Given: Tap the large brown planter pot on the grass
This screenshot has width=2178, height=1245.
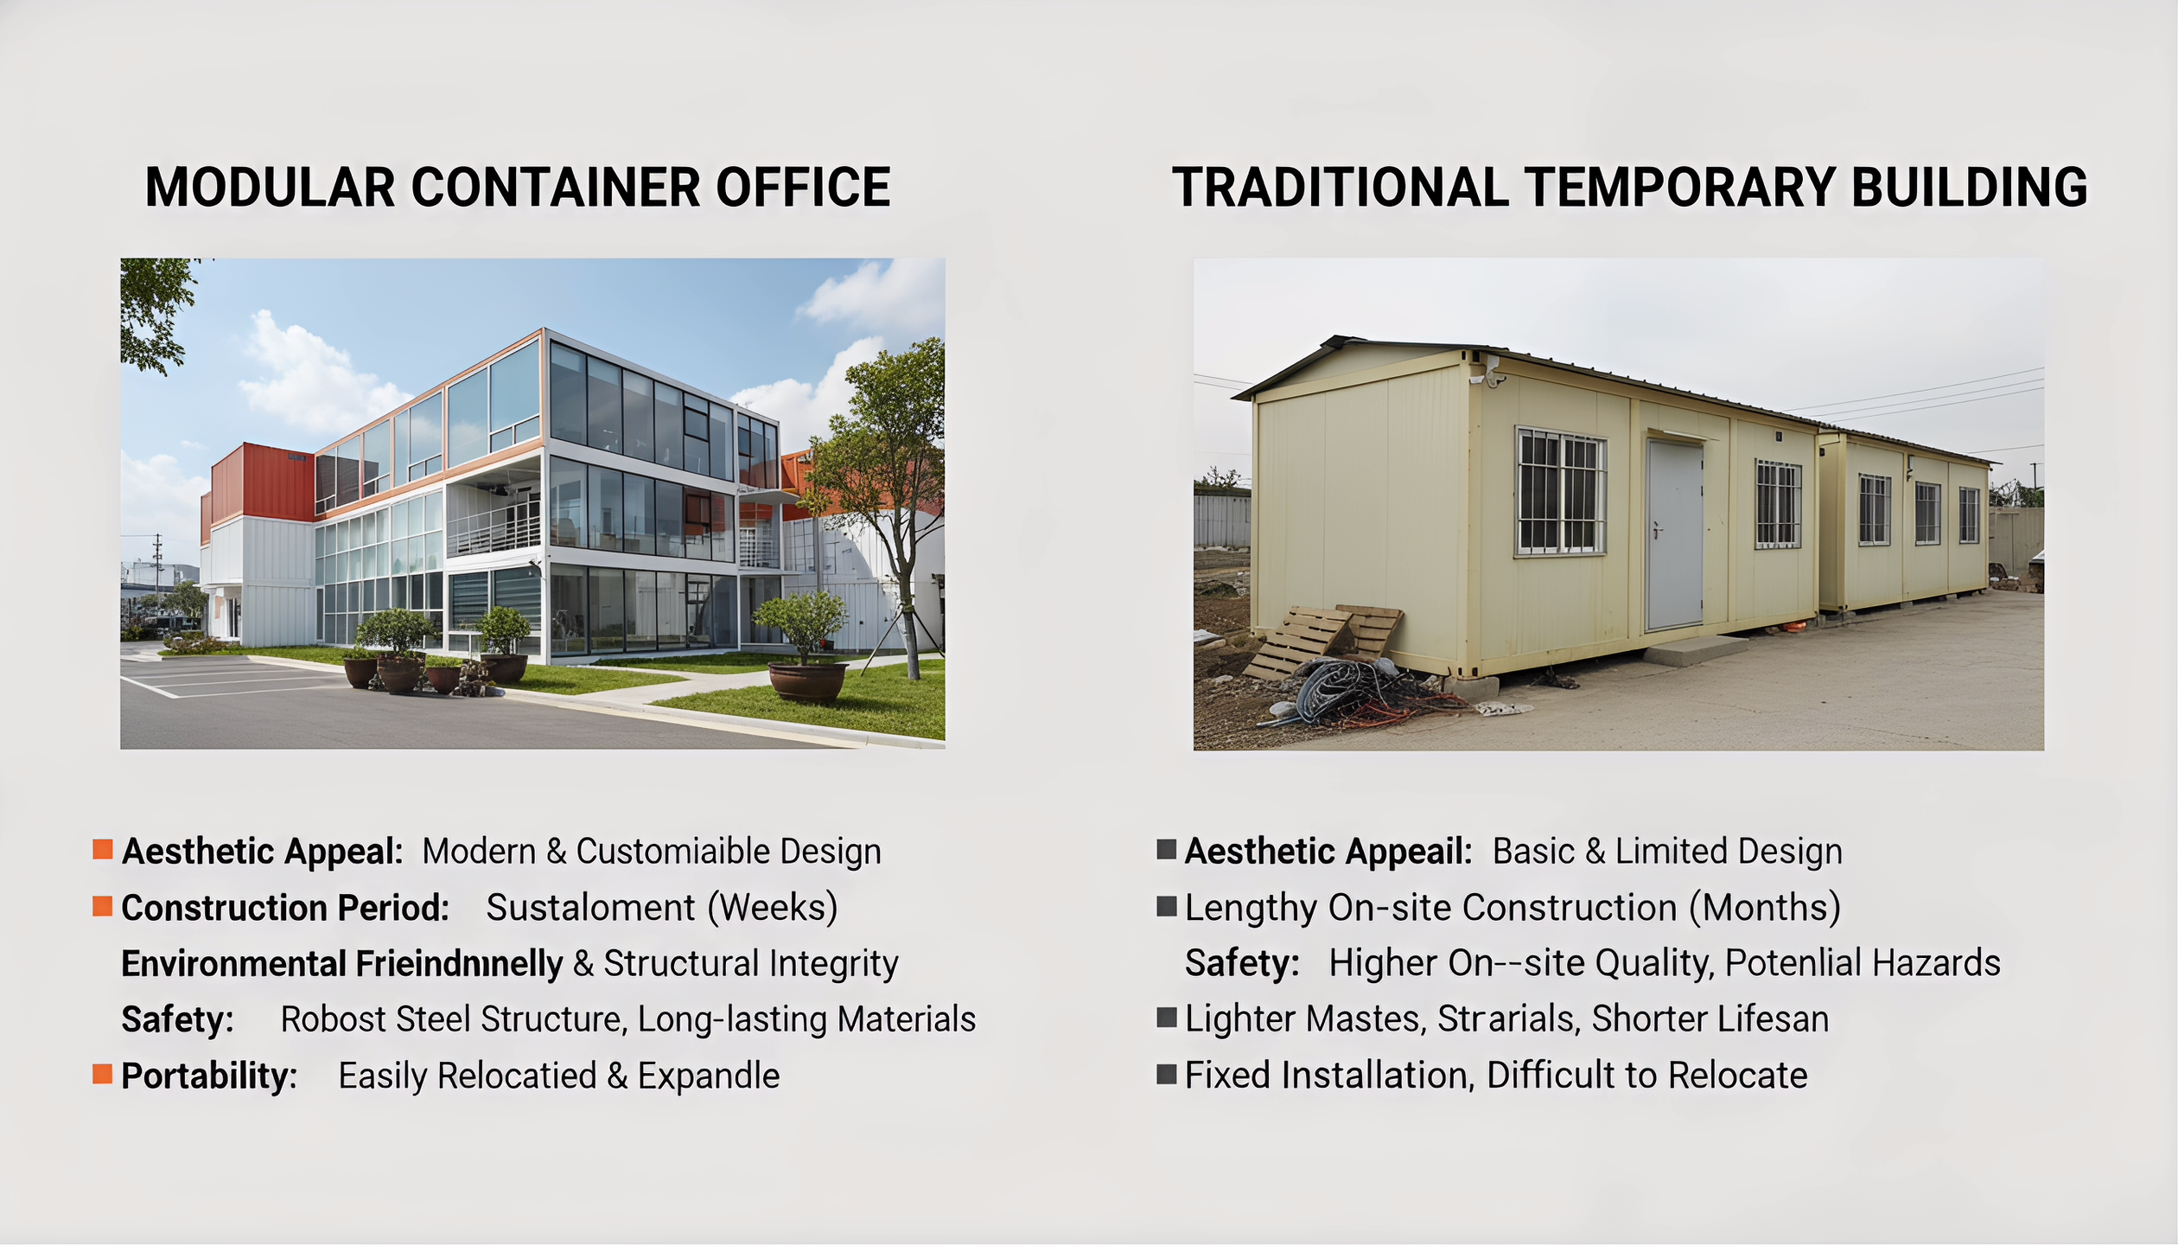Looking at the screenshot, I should pyautogui.click(x=806, y=682).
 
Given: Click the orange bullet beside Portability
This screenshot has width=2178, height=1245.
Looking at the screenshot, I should pyautogui.click(x=103, y=1075).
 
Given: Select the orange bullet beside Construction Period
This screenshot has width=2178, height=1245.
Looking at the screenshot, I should pyautogui.click(x=103, y=906).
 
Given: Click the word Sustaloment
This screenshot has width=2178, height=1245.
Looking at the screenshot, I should pyautogui.click(x=590, y=908).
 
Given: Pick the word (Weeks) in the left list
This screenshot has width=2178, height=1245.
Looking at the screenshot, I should pyautogui.click(x=773, y=908).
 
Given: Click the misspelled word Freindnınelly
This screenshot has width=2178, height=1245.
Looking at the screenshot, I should pyautogui.click(x=459, y=964).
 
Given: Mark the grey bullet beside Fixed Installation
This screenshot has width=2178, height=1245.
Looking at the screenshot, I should pyautogui.click(x=1167, y=1075).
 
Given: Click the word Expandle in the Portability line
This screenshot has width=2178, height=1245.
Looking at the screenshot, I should pyautogui.click(x=709, y=1076).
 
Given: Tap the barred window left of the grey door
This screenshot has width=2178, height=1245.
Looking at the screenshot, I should pyautogui.click(x=1560, y=492).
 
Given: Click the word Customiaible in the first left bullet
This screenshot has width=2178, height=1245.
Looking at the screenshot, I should pyautogui.click(x=672, y=852).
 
